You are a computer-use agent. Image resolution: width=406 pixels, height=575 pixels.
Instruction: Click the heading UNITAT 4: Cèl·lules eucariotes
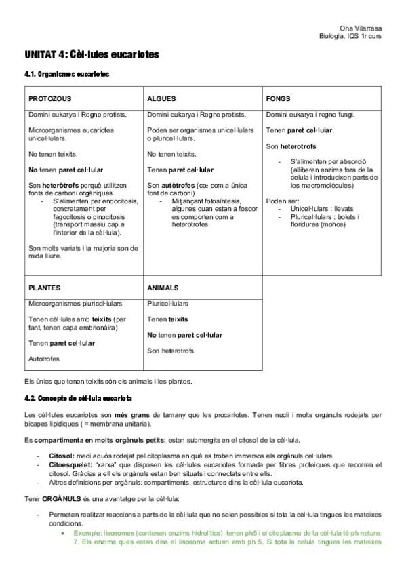92,54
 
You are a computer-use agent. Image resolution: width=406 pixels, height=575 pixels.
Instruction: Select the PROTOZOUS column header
50,98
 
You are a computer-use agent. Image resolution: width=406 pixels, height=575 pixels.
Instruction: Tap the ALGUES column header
161,98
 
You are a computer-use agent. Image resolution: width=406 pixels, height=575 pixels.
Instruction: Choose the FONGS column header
278,98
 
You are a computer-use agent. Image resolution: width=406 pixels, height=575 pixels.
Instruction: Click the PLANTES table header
45,287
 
